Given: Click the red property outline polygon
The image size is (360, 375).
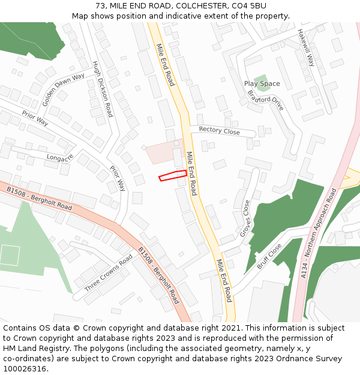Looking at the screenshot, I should coord(173,175).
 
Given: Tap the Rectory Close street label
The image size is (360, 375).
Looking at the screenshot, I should coord(219,131).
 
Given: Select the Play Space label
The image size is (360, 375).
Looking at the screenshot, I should coord(262,83).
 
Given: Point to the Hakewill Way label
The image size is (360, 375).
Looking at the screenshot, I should coord(306,44).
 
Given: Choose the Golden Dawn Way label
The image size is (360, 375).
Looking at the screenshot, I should coord(63,89).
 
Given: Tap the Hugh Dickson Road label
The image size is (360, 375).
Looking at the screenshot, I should coord(103,89).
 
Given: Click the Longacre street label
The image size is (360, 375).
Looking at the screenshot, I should coord(59,157).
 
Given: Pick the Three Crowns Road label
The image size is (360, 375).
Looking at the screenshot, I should coord(109,273).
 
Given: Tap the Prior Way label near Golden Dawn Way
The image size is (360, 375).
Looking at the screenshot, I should coord(35,118).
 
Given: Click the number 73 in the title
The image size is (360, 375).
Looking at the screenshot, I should coord(100,6).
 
